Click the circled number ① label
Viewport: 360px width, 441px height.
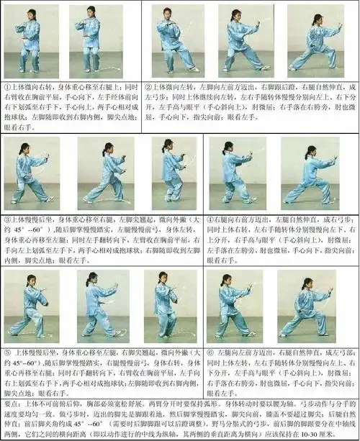[5, 83]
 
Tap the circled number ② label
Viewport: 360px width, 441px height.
[148, 83]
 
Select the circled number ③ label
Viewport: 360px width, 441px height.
[6, 217]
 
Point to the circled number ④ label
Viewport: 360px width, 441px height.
[210, 217]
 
